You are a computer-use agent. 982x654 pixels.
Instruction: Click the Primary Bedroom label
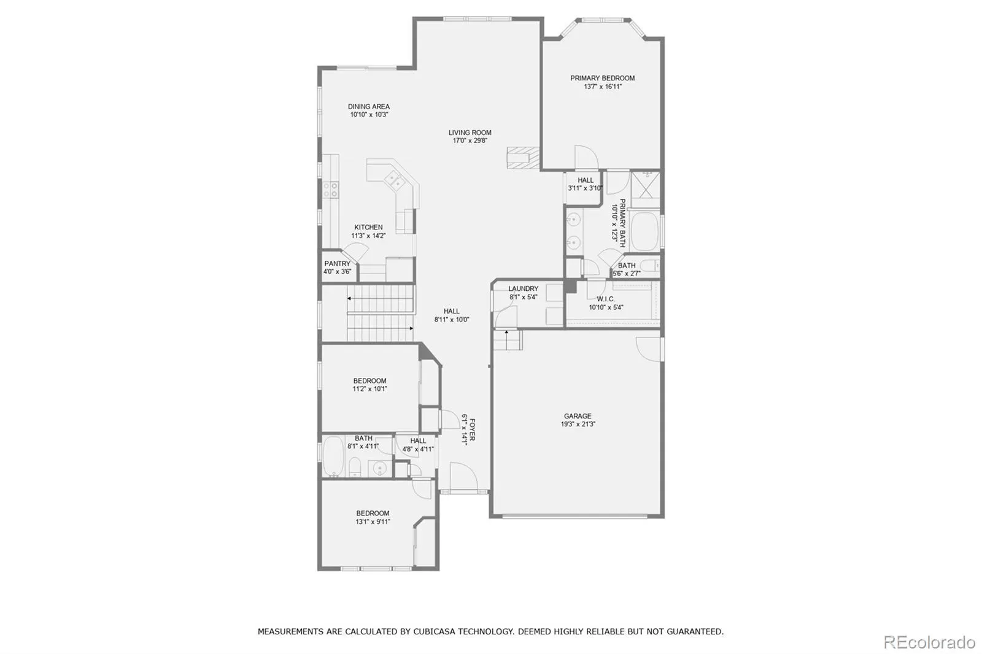tap(602, 78)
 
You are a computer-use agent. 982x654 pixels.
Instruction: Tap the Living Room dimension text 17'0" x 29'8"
tap(470, 140)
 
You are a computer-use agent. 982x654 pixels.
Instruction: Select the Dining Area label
tap(369, 107)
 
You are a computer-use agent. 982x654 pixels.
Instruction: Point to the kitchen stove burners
tap(331, 190)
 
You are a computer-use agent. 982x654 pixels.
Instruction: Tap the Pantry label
tap(337, 263)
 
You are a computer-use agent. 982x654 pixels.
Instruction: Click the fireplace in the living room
tap(523, 158)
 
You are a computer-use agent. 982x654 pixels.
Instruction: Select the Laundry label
tap(524, 288)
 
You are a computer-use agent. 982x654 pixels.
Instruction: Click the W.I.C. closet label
tap(605, 299)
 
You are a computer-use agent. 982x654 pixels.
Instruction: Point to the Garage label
tap(578, 416)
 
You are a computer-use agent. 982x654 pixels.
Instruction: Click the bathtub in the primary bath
tap(644, 231)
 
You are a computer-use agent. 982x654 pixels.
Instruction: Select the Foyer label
tap(472, 429)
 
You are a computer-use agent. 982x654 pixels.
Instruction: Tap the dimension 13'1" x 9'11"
tap(373, 521)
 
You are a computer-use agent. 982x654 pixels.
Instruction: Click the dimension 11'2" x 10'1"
tap(370, 389)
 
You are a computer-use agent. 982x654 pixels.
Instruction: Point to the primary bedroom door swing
tap(587, 157)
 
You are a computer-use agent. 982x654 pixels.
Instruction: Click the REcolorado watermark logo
tap(929, 642)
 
